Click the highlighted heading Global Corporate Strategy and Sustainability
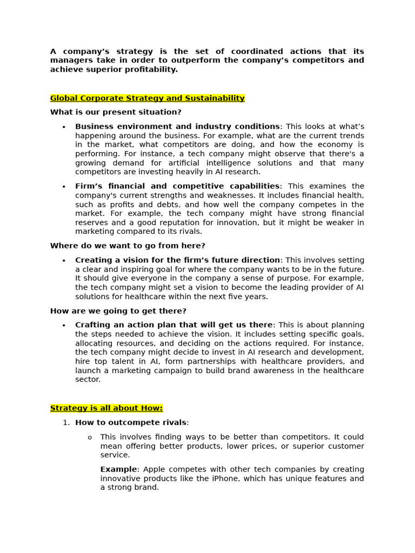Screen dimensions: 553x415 click(147, 98)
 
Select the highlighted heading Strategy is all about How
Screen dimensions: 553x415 click(106, 408)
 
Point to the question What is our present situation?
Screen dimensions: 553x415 click(116, 112)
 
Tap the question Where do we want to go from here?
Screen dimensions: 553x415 click(120, 246)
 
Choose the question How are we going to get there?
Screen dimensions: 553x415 click(118, 311)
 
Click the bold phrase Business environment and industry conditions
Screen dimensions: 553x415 click(177, 126)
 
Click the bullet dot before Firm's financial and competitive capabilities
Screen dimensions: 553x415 click(64, 187)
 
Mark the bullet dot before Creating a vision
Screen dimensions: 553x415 click(64, 261)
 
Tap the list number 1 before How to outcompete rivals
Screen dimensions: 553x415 click(66, 423)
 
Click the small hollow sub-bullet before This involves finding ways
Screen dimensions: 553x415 click(90, 437)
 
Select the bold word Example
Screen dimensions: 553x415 click(118, 469)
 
